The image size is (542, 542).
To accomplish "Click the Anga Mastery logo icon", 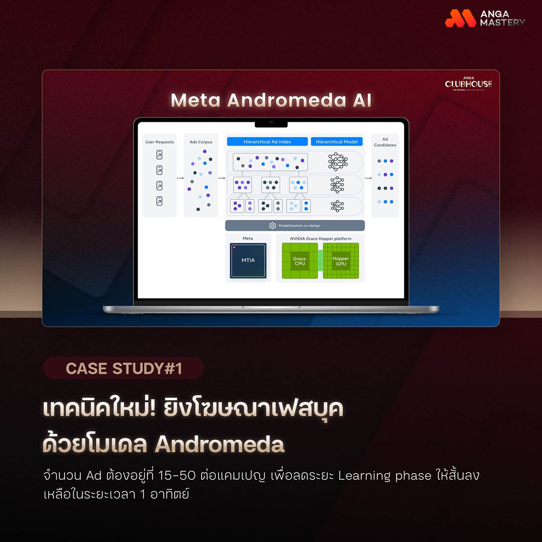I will pyautogui.click(x=460, y=18).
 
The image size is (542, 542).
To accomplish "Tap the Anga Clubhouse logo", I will pyautogui.click(x=468, y=84).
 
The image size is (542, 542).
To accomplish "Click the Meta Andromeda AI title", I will pyautogui.click(x=271, y=100).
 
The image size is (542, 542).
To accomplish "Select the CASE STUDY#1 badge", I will pyautogui.click(x=123, y=368).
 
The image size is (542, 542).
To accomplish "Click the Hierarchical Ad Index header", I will pyautogui.click(x=267, y=142).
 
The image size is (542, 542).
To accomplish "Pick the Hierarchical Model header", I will pyautogui.click(x=336, y=142).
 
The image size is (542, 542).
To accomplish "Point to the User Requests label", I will pyautogui.click(x=160, y=142).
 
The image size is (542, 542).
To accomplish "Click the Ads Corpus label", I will pyautogui.click(x=201, y=142).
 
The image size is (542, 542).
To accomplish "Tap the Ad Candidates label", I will pyautogui.click(x=385, y=142).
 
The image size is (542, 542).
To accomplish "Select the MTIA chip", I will pyautogui.click(x=248, y=260).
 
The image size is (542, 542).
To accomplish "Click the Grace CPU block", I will pyautogui.click(x=300, y=261).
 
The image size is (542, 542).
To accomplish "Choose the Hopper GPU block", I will pyautogui.click(x=341, y=261).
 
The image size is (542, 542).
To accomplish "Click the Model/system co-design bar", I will pyautogui.click(x=295, y=226).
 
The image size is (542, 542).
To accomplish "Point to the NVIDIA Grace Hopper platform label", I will pyautogui.click(x=320, y=238).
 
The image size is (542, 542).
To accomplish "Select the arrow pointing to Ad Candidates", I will pyautogui.click(x=368, y=178).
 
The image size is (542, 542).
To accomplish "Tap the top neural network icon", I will pyautogui.click(x=337, y=162).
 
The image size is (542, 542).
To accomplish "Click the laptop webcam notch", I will pyautogui.click(x=271, y=122).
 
